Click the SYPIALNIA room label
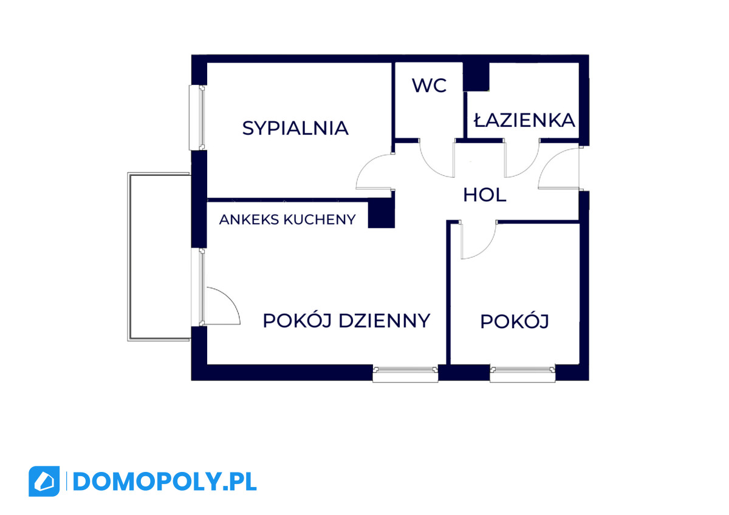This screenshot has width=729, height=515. [x=295, y=128]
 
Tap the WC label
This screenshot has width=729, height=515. [x=430, y=86]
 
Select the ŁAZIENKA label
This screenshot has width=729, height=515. [x=524, y=119]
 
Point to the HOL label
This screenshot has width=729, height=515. [x=485, y=195]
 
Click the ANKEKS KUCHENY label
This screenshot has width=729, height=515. [x=287, y=220]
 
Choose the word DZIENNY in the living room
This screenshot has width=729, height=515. [x=385, y=321]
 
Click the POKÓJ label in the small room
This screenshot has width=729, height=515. [x=515, y=321]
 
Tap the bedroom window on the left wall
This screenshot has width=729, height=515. [x=197, y=117]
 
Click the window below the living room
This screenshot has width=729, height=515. [x=405, y=374]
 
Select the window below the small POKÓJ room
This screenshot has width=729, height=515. [x=522, y=374]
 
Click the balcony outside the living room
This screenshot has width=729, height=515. [x=159, y=257]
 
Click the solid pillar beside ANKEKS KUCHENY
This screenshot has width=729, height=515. [x=382, y=213]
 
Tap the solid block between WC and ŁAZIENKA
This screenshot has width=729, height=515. [x=476, y=76]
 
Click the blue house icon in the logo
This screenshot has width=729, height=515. [x=44, y=482]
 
